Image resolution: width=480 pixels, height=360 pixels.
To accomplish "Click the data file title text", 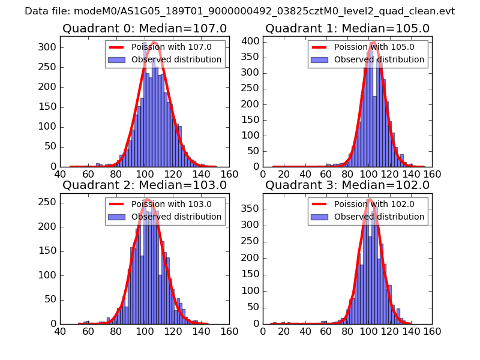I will pyautogui.click(x=239, y=11).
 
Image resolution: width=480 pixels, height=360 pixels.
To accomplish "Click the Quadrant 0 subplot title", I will pyautogui.click(x=145, y=28).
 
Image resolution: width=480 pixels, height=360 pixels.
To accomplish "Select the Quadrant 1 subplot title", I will pyautogui.click(x=347, y=28).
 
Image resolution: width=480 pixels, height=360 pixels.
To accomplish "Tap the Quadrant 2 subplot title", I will pyautogui.click(x=145, y=185).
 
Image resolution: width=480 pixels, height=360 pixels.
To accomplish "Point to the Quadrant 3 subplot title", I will pyautogui.click(x=347, y=185).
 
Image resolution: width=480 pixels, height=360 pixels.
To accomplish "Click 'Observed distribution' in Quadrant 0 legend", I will pyautogui.click(x=176, y=59).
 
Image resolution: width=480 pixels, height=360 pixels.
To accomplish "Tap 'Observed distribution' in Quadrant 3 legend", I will pyautogui.click(x=379, y=217).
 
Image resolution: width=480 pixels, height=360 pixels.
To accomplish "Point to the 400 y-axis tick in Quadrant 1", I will pyautogui.click(x=252, y=41).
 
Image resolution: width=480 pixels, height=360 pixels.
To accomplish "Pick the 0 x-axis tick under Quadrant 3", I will pyautogui.click(x=263, y=330).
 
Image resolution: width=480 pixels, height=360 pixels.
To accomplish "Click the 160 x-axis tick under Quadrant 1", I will pyautogui.click(x=432, y=173).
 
